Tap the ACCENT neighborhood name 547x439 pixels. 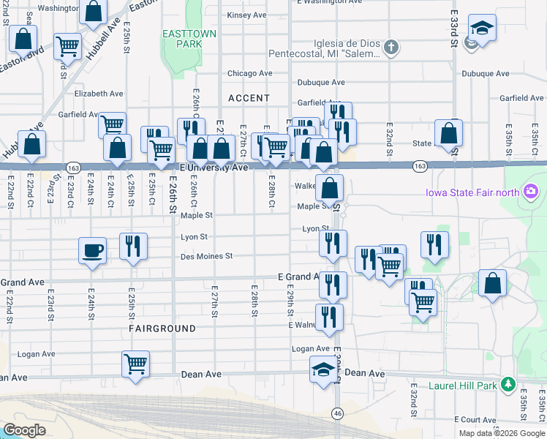(x=249, y=98)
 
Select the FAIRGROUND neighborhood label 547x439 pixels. (x=162, y=329)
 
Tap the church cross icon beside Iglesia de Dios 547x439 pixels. (x=391, y=48)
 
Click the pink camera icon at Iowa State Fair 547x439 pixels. (x=531, y=192)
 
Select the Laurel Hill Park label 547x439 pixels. (x=464, y=385)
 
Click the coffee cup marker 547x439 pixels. (x=92, y=250)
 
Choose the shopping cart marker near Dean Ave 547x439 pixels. (x=135, y=364)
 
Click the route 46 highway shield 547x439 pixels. (x=336, y=413)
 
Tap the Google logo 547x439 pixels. (x=24, y=429)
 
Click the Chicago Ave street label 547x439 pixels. (x=249, y=73)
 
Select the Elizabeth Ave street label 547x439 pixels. (x=99, y=94)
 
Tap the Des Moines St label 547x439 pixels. (x=207, y=256)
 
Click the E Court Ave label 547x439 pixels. (x=476, y=419)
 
